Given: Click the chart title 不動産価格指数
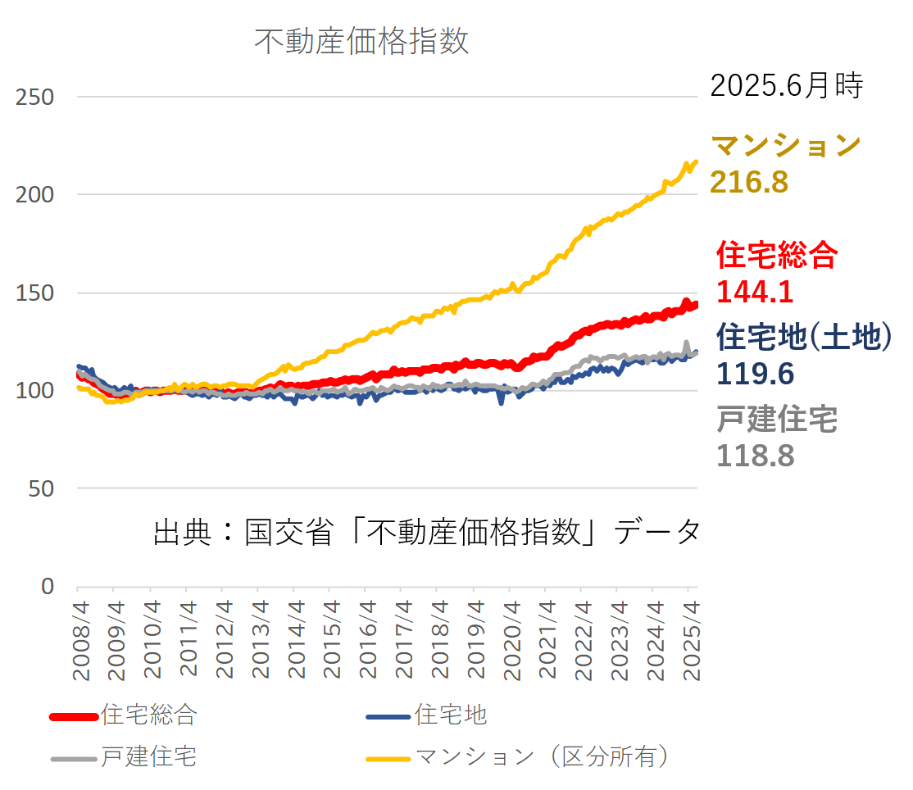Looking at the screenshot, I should click(x=361, y=41).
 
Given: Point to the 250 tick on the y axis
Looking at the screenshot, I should click(x=34, y=98).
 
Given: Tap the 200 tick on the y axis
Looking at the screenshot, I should click(x=34, y=195).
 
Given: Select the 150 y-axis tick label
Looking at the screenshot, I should click(x=34, y=293).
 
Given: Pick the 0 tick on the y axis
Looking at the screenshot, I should click(x=47, y=587).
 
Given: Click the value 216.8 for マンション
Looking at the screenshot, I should click(x=749, y=183).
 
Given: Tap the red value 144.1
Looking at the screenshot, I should click(x=755, y=292).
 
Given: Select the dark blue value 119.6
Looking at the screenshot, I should click(x=755, y=374).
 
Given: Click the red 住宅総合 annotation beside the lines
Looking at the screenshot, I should click(x=777, y=256).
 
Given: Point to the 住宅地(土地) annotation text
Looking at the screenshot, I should click(x=803, y=337).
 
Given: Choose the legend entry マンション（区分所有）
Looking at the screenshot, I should click(x=542, y=756).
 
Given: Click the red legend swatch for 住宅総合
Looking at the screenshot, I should click(x=75, y=716).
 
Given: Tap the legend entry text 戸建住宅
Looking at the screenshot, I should click(x=148, y=756).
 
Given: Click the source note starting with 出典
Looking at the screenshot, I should click(x=426, y=532).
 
